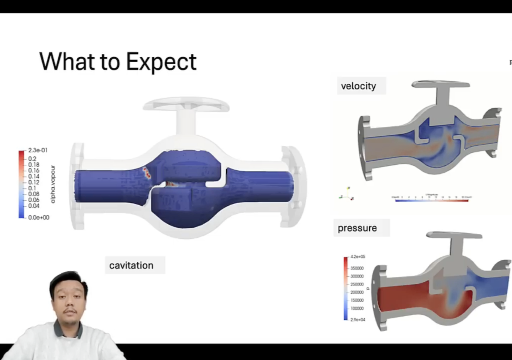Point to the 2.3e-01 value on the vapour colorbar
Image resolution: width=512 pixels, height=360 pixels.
pyautogui.click(x=38, y=150)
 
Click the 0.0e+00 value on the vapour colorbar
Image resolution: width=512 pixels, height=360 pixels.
pyautogui.click(x=38, y=217)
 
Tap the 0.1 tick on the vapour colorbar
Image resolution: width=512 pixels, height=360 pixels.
pyautogui.click(x=32, y=188)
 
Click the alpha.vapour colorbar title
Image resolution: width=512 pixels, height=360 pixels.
pyautogui.click(x=53, y=184)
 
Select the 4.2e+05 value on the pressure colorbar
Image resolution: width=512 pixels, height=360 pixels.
pyautogui.click(x=358, y=257)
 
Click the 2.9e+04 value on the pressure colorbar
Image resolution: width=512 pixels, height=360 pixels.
pyautogui.click(x=358, y=319)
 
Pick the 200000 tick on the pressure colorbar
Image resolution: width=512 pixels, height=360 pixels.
pyautogui.click(x=357, y=292)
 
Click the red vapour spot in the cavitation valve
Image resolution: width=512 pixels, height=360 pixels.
pyautogui.click(x=146, y=173)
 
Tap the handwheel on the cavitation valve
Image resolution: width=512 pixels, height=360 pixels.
pyautogui.click(x=186, y=104)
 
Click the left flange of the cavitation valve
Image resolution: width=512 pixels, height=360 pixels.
pyautogui.click(x=77, y=186)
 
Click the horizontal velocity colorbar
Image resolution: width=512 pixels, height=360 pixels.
pyautogui.click(x=431, y=201)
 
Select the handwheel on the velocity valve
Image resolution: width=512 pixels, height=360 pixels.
pyautogui.click(x=441, y=84)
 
